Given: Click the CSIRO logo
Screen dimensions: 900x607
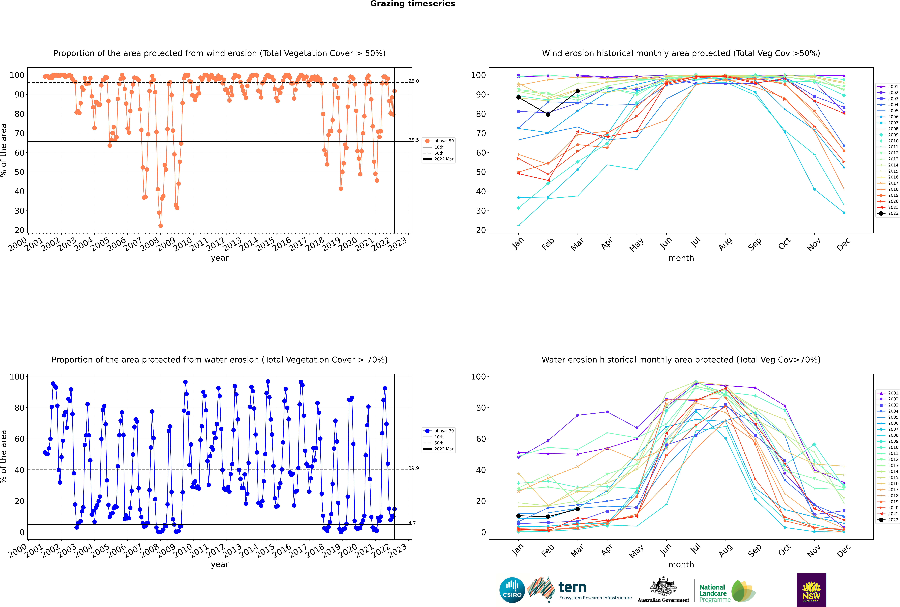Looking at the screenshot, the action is point(512,590).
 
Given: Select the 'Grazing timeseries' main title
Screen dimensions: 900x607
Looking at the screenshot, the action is point(413,4).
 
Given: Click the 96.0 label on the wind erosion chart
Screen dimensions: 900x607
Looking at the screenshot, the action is point(414,81).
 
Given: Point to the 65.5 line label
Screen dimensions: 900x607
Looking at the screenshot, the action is point(414,140).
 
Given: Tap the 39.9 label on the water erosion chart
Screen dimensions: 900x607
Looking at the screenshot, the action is point(414,468).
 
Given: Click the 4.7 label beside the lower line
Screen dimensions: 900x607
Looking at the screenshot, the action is point(412,523).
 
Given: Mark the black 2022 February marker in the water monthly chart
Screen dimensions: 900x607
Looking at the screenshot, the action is point(548,517).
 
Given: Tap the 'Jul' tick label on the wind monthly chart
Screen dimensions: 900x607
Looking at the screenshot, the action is point(695,242).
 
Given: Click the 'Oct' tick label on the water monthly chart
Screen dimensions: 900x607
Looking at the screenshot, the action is point(784,550).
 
